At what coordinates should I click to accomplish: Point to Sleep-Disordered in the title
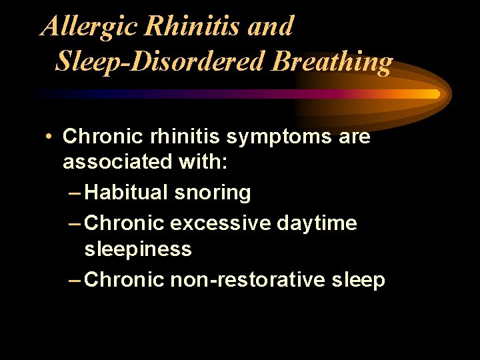click(160, 61)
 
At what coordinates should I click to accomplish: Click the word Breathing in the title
click(333, 61)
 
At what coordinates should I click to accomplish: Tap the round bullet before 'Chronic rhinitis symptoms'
click(49, 137)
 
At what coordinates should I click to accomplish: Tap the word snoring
click(212, 193)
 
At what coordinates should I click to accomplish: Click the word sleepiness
click(138, 250)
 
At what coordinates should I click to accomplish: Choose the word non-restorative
click(247, 280)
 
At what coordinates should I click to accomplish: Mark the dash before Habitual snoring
click(75, 193)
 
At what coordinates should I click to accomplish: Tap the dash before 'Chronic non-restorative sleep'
click(75, 280)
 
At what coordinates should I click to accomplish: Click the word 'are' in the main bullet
click(353, 137)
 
